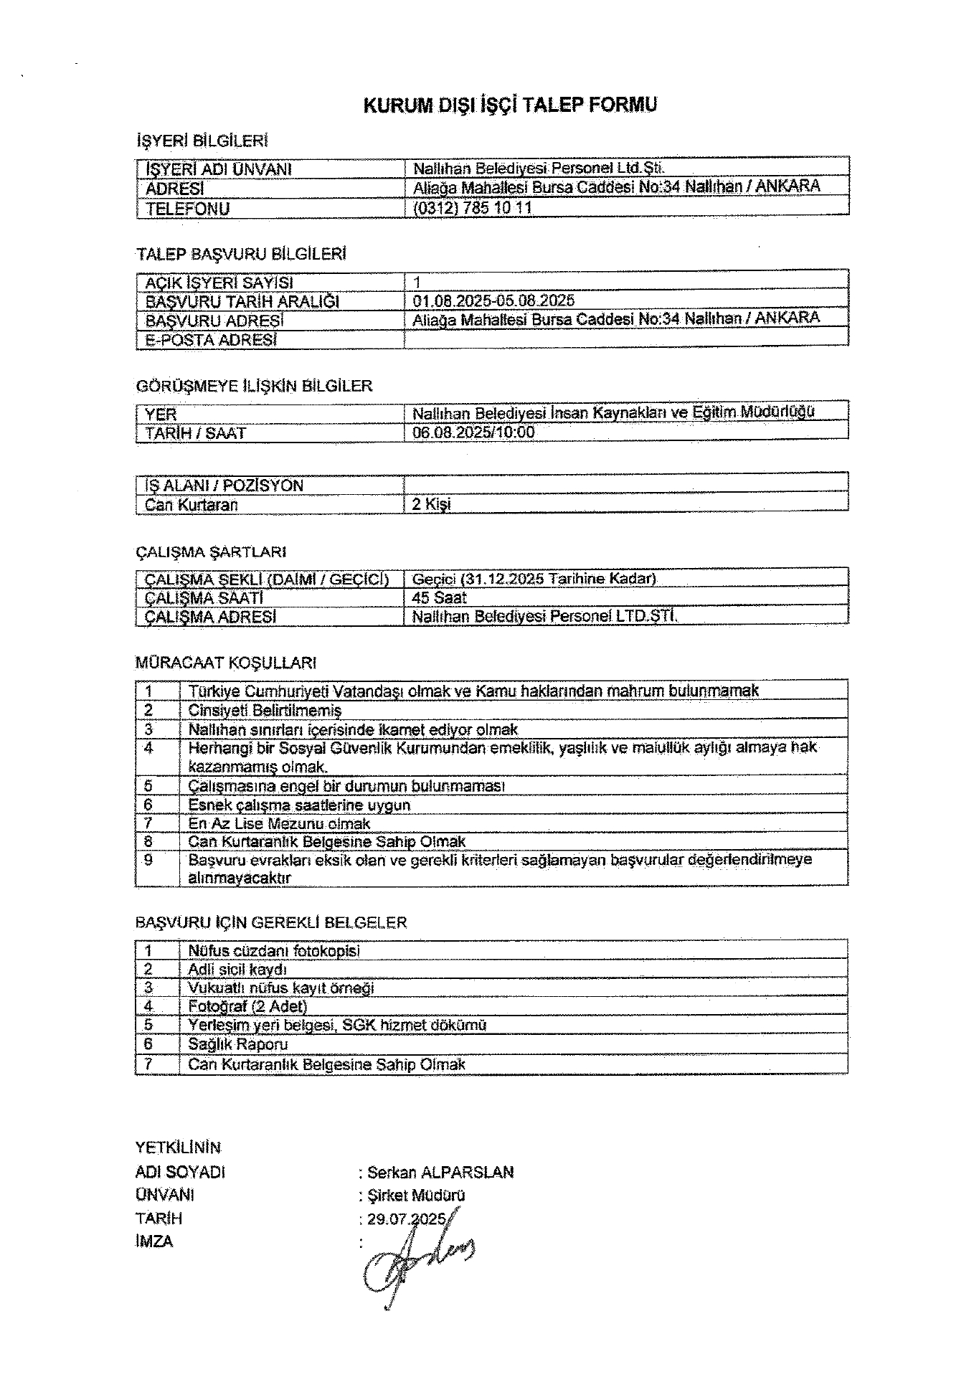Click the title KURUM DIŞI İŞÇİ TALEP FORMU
[x=510, y=105]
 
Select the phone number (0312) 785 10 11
[x=472, y=208]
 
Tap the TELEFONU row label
[x=187, y=209]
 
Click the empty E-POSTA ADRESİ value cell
[x=625, y=339]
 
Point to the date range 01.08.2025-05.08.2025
[x=493, y=301]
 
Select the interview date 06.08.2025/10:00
[x=473, y=432]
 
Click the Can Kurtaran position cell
[x=192, y=505]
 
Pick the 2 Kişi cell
[x=432, y=504]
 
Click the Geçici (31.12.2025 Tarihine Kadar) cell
[x=534, y=579]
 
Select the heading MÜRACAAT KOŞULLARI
[x=226, y=663]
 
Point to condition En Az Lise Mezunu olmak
[x=279, y=824]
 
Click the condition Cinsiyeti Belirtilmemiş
[x=265, y=711]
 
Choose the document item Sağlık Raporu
[x=237, y=1044]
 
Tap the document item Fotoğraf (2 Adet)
[x=247, y=1006]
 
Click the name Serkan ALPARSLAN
[x=440, y=1173]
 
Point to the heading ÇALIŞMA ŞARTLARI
[x=211, y=552]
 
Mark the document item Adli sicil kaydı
[x=237, y=970]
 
